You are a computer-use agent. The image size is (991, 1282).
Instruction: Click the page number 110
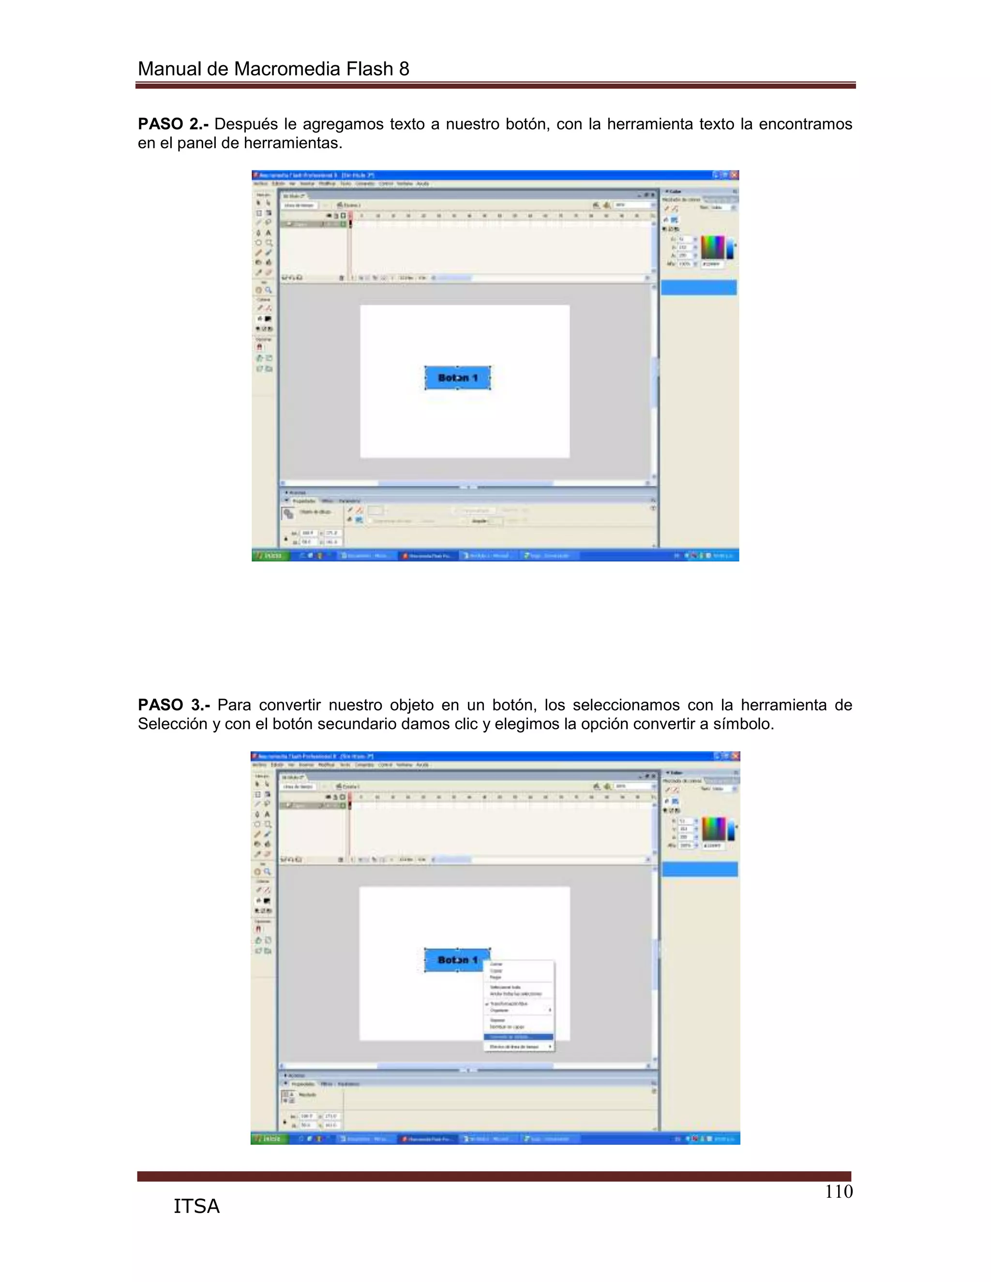(x=839, y=1192)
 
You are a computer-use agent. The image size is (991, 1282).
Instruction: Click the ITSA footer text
(x=196, y=1206)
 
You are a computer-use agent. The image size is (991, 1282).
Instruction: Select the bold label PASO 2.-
(x=173, y=124)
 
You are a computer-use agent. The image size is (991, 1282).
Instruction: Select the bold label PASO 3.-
(x=174, y=705)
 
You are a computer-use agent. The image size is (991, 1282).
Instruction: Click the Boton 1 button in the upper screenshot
(x=457, y=378)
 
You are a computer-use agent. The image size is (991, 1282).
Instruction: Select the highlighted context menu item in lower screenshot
(x=518, y=1037)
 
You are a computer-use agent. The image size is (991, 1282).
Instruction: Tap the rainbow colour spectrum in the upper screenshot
(x=713, y=247)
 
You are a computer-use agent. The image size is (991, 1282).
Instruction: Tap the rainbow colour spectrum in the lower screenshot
(x=713, y=829)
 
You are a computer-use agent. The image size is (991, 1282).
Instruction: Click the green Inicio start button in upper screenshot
(x=270, y=555)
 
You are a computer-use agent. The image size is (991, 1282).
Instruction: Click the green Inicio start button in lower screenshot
(x=270, y=1139)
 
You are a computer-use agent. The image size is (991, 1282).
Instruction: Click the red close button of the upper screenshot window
(x=734, y=175)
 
